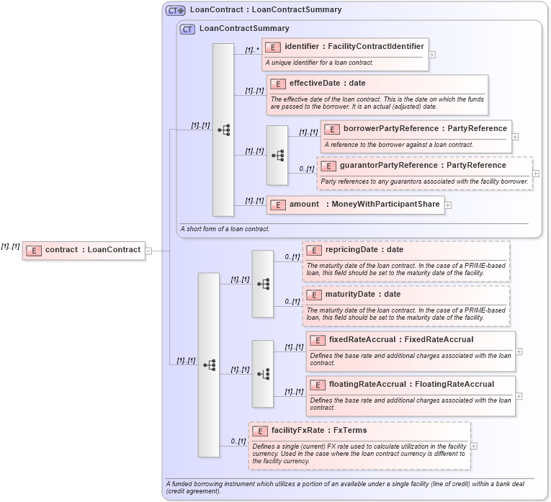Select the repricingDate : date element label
coord(364,250)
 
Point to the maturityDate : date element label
coord(363,295)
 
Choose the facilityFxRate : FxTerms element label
coord(319,431)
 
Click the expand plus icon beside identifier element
coord(432,54)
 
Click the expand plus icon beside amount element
coord(448,205)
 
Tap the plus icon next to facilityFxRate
coord(474,446)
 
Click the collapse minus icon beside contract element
coord(149,251)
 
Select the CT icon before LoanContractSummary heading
coord(187,29)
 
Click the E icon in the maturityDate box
coord(314,295)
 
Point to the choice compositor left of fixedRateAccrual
coord(263,374)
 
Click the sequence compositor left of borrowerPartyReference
coord(277,155)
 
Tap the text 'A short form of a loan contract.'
coord(225,229)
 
